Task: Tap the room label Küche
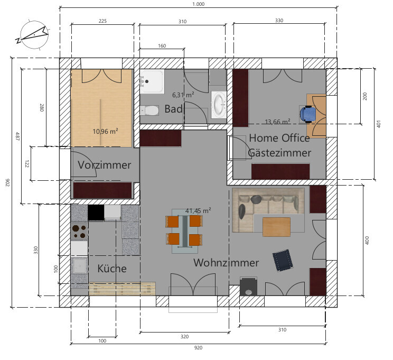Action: point(112,269)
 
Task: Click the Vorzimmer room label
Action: point(104,165)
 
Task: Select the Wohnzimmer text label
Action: point(226,263)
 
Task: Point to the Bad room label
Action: point(173,109)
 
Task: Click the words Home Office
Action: point(279,138)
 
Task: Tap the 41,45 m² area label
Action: point(198,210)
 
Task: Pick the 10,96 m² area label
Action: point(105,131)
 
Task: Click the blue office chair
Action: point(308,114)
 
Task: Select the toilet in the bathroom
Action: point(149,110)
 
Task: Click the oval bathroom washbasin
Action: point(219,105)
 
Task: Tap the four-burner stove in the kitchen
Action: point(79,232)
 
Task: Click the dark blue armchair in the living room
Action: point(283,260)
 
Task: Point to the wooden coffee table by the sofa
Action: point(276,227)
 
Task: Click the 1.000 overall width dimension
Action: point(199,4)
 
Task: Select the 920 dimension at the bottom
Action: point(198,348)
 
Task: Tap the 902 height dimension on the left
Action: point(7,182)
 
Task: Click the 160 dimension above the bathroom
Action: point(162,46)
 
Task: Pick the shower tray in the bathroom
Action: point(152,81)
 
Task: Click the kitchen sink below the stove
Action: point(79,266)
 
